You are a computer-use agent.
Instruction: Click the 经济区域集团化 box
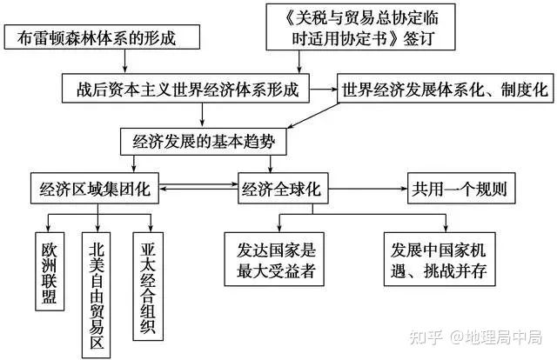(93, 188)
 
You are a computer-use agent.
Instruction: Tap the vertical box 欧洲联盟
(49, 270)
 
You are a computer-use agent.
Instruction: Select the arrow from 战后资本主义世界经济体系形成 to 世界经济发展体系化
(325, 89)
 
